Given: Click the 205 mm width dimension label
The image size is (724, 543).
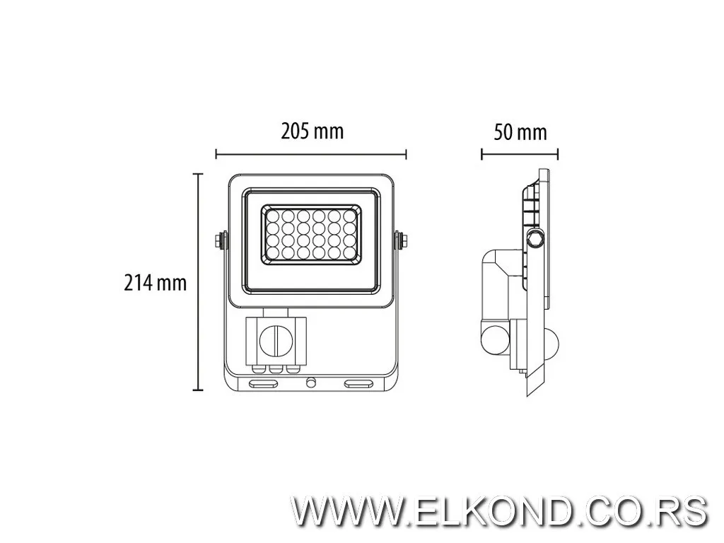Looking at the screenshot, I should (x=312, y=131).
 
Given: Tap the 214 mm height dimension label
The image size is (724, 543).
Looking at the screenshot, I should (x=156, y=283).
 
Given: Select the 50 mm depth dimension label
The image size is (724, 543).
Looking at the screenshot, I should (x=520, y=132).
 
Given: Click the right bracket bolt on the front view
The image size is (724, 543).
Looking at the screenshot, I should (x=402, y=240).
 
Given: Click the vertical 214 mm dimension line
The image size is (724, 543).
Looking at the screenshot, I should (x=199, y=283).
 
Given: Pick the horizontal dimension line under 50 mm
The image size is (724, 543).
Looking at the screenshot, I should (x=520, y=153).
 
